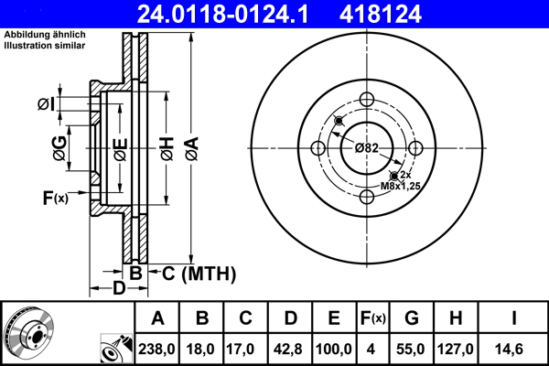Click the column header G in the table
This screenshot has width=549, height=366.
pos(413,318)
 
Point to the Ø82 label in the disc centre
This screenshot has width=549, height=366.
pos(367,148)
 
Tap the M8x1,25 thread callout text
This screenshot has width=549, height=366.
pos(399,186)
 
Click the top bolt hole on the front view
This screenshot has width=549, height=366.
pos(367,101)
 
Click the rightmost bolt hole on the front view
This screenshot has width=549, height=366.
pos(414,148)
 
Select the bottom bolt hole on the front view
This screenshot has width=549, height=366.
pos(367,196)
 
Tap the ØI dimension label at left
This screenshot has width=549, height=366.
pos(46,105)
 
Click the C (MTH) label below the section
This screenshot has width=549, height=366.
pos(199,274)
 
